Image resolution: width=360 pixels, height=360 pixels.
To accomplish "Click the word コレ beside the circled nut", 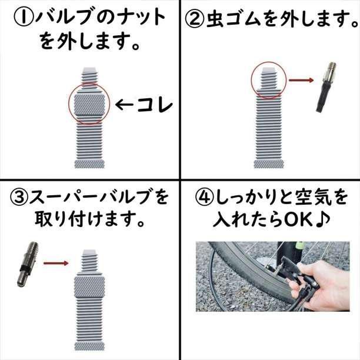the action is click(155, 105).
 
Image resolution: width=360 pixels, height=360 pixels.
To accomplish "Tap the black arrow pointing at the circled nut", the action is click(124, 105).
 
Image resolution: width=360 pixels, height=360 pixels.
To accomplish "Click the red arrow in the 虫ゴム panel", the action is click(301, 80).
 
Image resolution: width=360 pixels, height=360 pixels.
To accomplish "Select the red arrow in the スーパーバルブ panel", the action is click(56, 263).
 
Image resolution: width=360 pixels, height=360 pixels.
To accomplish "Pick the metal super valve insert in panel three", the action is click(28, 264).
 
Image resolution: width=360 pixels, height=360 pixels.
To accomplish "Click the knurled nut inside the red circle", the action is click(89, 104).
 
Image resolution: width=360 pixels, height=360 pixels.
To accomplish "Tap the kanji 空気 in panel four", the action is click(315, 197).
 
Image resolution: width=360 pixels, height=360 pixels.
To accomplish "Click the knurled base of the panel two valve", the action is click(269, 164).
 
